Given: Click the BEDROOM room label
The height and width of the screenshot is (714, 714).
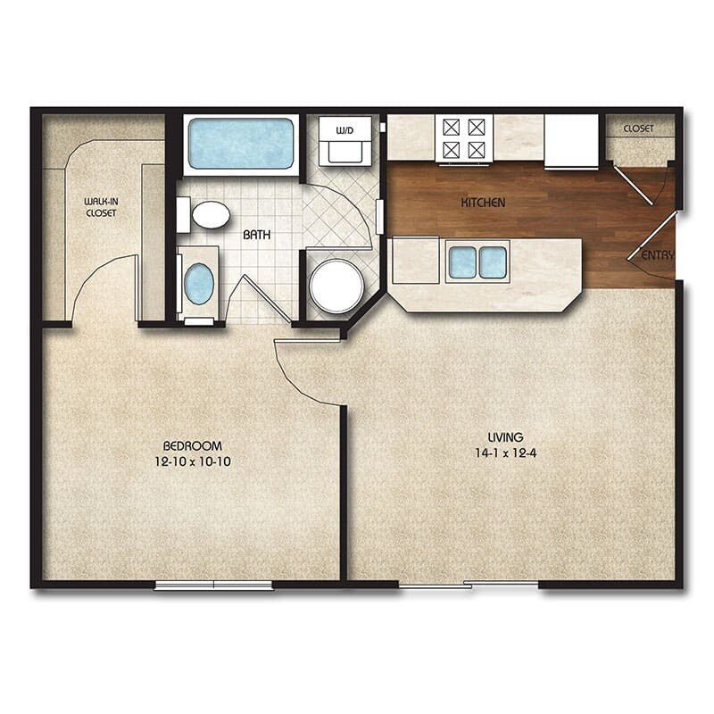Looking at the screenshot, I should point(192,445).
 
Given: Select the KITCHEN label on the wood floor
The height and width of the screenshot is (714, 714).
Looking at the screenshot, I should point(483,203).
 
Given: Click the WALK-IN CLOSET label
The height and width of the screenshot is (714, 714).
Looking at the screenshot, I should point(102,207).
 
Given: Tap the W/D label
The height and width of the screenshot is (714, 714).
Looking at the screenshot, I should point(344,130).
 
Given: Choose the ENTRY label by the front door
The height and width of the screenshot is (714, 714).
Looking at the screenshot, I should point(658,255).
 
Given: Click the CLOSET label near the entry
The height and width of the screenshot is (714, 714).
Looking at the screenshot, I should point(638,129).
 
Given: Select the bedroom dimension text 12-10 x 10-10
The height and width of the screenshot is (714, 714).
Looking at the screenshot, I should point(192,461).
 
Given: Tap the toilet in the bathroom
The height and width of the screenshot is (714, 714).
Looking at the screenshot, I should point(207,214).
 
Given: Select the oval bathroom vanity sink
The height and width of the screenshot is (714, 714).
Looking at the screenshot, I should point(198,283).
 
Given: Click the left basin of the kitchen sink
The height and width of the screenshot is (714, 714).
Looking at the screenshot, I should point(462,262).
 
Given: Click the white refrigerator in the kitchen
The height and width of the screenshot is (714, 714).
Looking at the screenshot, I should point(571,140).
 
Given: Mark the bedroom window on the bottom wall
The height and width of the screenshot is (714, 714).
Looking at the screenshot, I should point(213,585).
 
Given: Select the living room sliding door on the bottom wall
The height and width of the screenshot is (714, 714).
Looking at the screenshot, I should point(468,585).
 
